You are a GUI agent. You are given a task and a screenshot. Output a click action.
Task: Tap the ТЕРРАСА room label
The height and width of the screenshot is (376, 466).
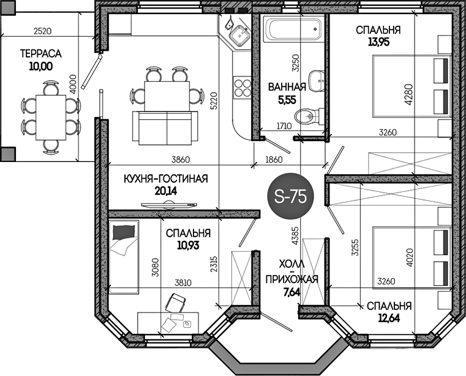[x=41, y=54]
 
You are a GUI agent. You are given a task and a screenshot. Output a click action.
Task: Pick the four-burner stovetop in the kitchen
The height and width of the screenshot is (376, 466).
[x=242, y=88]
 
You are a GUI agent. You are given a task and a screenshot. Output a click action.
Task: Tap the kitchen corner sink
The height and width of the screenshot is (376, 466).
[x=239, y=35]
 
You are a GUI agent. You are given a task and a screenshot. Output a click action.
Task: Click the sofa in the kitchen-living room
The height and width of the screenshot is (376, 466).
[x=165, y=128]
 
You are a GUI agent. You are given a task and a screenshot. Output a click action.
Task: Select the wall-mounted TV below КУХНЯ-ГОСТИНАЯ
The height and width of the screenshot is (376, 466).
[x=169, y=205]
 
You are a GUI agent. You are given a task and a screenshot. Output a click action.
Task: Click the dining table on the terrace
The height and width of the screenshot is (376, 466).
[x=51, y=117]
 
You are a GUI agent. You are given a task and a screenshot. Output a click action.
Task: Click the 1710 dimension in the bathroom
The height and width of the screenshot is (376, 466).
[x=284, y=126]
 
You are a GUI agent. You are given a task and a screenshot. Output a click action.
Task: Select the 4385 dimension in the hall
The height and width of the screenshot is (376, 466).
[x=295, y=235]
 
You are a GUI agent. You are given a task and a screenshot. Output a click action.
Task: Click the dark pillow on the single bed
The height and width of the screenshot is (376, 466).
[x=124, y=232]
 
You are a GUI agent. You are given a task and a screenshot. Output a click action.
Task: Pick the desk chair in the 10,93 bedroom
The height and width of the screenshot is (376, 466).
[x=175, y=303]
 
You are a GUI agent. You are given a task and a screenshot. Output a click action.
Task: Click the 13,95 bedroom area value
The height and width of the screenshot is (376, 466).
[x=378, y=42]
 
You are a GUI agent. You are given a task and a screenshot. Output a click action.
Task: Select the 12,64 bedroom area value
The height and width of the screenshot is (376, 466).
[x=389, y=319]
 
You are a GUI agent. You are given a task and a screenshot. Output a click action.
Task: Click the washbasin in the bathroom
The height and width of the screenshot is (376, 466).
[x=316, y=80]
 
